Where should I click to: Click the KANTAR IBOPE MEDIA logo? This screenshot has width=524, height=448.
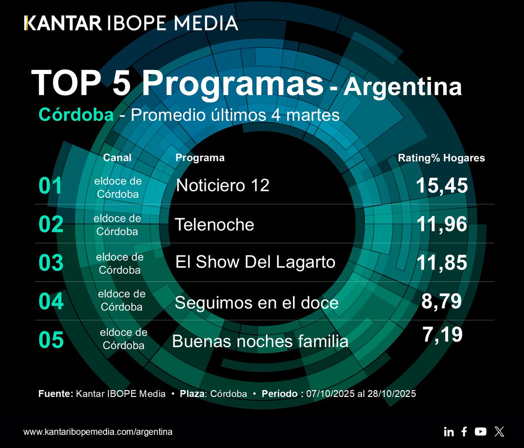131,23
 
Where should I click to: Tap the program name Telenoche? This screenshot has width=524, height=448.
214,225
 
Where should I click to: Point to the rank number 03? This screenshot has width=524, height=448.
51,263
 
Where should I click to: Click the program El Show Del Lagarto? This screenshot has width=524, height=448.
255,262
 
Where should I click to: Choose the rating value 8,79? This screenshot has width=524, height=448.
441,302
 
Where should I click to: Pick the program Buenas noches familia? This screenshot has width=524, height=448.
260,341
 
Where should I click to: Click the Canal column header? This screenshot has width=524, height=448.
117,158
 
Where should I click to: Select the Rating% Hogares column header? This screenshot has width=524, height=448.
441,158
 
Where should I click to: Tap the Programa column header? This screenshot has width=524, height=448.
200,158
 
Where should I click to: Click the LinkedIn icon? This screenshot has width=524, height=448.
448,432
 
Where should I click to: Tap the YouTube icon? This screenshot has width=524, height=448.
480,431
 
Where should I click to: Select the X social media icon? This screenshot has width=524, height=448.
499,432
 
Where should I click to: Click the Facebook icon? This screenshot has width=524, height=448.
464,431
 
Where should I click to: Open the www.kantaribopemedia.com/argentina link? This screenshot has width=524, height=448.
98,432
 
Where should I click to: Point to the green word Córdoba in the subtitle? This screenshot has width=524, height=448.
76,115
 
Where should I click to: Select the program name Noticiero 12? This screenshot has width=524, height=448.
223,186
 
